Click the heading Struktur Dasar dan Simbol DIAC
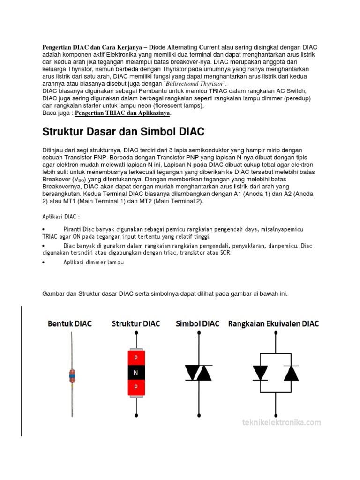(x=123, y=131)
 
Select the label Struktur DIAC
(x=136, y=323)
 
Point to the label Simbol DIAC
(x=197, y=323)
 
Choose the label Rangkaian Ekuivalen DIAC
(x=273, y=323)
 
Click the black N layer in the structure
(x=136, y=373)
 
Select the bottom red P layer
(x=136, y=387)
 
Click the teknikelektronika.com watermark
(x=282, y=422)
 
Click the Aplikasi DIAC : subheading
(x=61, y=217)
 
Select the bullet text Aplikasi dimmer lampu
(x=93, y=262)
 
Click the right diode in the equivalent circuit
(x=291, y=373)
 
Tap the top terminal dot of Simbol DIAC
(x=200, y=333)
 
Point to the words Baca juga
(x=56, y=113)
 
